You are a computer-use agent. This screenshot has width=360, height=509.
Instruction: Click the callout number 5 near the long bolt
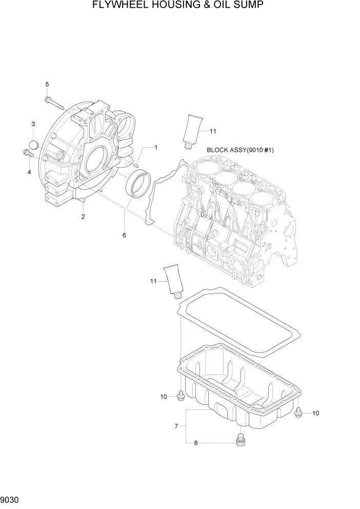(47, 84)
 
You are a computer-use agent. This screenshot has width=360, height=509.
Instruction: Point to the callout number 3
(33, 124)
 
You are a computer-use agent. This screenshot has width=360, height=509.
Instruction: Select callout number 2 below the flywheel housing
(83, 217)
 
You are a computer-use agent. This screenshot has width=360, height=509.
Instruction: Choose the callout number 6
(124, 235)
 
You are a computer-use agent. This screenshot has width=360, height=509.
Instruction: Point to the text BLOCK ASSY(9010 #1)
(241, 150)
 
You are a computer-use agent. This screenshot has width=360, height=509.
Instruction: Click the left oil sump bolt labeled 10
(181, 396)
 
